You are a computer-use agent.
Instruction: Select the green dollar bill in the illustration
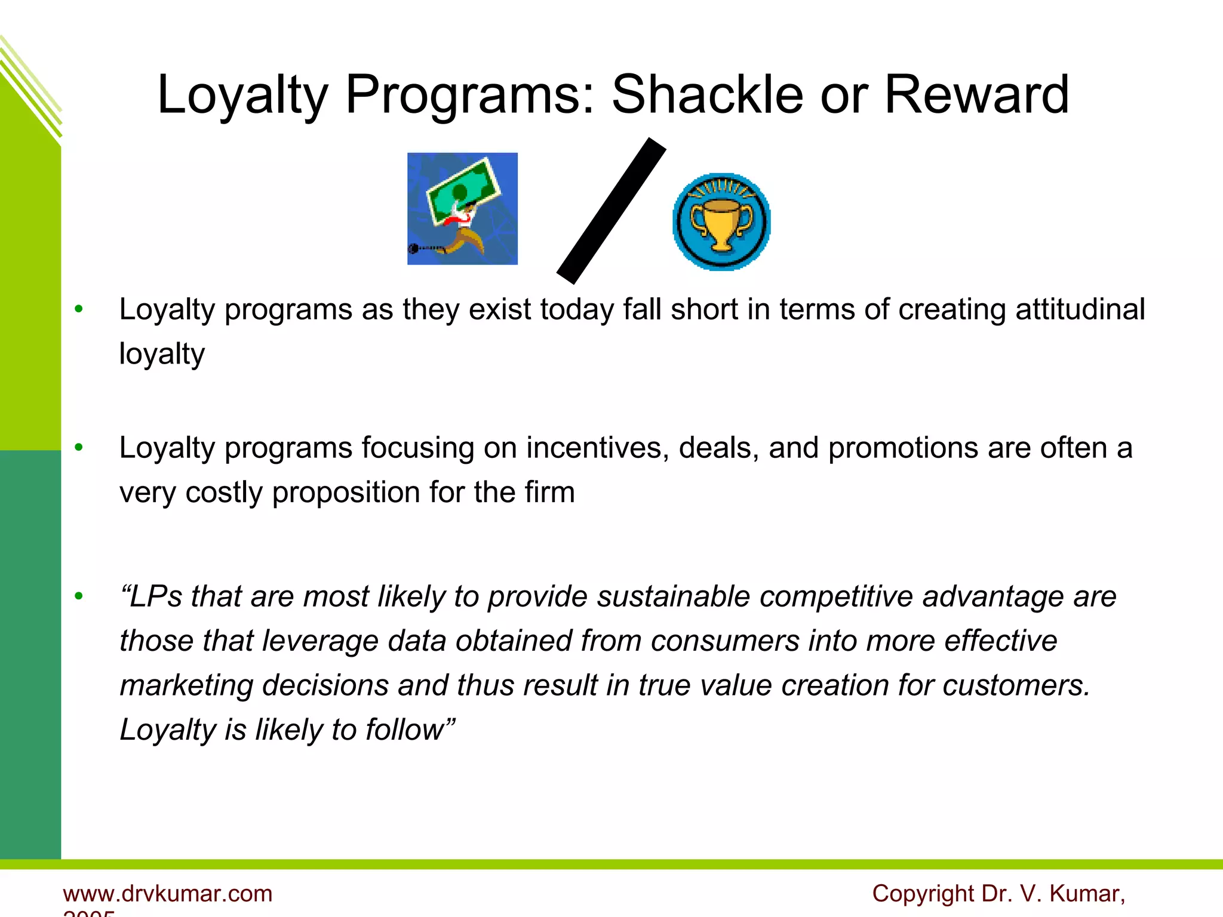pos(463,190)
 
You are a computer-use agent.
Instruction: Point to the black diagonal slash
pos(611,211)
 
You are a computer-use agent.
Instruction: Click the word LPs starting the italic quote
pos(155,596)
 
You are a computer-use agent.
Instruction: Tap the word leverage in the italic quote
pos(320,641)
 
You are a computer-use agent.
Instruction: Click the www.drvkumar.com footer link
pos(168,894)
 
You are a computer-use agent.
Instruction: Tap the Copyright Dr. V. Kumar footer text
pos(998,894)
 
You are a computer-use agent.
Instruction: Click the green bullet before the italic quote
pos(79,596)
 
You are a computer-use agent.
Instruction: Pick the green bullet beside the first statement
pos(79,310)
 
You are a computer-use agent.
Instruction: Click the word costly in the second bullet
pos(224,493)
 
